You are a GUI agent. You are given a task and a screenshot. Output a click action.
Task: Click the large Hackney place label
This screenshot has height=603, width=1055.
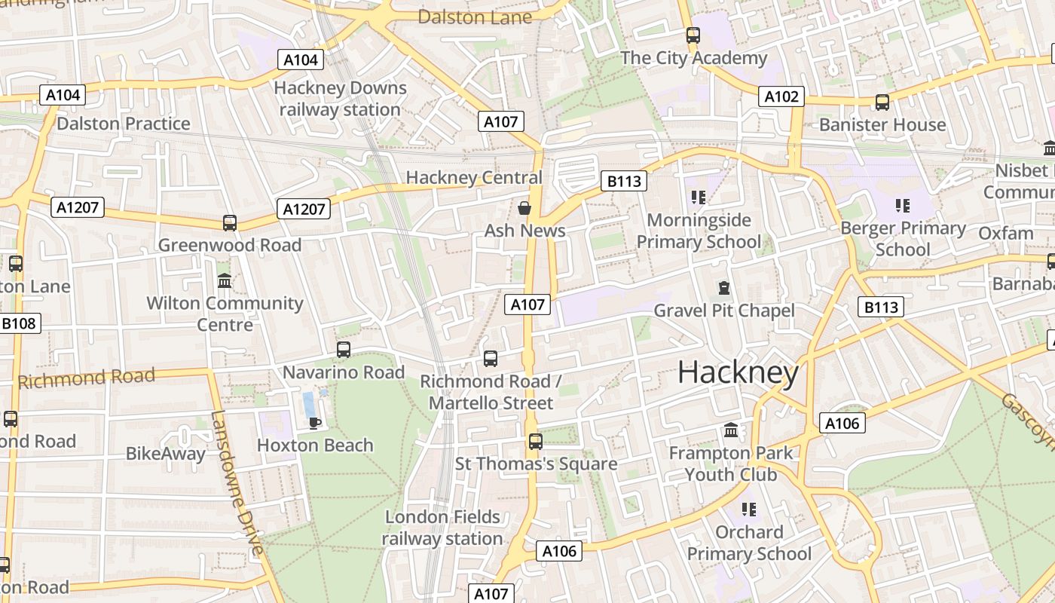click(x=738, y=373)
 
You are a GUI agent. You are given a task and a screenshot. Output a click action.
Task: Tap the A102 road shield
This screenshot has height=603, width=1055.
click(x=781, y=96)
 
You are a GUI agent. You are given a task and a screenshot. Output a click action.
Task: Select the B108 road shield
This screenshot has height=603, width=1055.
click(x=19, y=323)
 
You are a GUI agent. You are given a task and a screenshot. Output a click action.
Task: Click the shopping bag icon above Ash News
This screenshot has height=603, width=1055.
click(x=524, y=207)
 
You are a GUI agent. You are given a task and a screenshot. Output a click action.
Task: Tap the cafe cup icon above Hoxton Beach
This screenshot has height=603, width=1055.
click(x=315, y=422)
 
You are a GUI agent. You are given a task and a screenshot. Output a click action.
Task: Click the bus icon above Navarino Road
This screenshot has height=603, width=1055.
click(x=344, y=349)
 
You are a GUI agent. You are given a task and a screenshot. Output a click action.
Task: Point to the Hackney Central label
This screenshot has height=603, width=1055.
click(x=474, y=178)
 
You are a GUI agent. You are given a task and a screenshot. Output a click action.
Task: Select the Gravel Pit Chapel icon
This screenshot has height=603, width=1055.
click(x=723, y=287)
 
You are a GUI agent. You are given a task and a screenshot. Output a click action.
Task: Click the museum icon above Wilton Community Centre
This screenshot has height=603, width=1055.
click(x=225, y=280)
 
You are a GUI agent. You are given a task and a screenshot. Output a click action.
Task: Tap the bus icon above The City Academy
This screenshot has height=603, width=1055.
click(x=693, y=35)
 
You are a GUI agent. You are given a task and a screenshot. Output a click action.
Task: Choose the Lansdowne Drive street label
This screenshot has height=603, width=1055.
click(x=237, y=482)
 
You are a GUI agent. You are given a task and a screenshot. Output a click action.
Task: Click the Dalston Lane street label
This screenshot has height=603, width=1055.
click(x=475, y=17)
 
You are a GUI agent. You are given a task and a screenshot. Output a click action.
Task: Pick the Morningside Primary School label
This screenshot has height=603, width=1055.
click(x=699, y=231)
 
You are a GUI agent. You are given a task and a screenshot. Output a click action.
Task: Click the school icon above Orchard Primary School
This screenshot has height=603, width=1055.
click(x=748, y=509)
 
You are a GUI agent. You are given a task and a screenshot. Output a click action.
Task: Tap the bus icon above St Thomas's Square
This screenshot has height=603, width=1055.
click(x=536, y=441)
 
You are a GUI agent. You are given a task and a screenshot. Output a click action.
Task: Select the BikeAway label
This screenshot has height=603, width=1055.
click(x=166, y=454)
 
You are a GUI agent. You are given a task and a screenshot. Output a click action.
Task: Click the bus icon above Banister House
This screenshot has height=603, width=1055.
click(x=882, y=102)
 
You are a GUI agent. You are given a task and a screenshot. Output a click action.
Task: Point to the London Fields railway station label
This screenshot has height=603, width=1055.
click(x=442, y=528)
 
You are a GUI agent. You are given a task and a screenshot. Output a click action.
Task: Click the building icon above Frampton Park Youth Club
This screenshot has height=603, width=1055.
click(x=731, y=430)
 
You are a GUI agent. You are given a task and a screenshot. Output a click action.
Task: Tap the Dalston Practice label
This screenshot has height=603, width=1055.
click(x=124, y=124)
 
